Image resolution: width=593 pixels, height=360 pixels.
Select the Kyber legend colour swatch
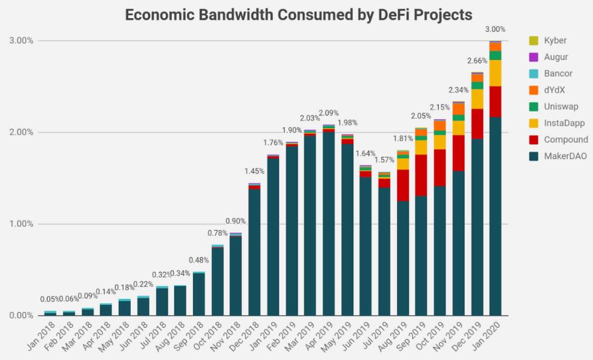tap(533, 41)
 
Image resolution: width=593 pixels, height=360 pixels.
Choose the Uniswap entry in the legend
tap(561, 106)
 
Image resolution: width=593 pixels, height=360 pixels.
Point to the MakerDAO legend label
tap(566, 156)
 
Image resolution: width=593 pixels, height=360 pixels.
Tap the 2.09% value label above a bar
tap(329, 113)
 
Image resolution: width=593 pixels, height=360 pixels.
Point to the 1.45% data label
tap(254, 171)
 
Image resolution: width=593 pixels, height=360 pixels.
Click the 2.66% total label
tap(477, 61)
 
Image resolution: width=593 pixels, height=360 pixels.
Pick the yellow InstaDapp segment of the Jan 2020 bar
tap(496, 73)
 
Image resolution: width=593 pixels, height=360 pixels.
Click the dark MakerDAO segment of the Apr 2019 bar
tap(329, 224)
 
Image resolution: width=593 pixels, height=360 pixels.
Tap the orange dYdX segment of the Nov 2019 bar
tap(459, 109)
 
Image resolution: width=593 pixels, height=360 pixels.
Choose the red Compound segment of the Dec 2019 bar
tap(477, 123)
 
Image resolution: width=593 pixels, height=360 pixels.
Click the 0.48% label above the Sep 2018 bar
tap(198, 260)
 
